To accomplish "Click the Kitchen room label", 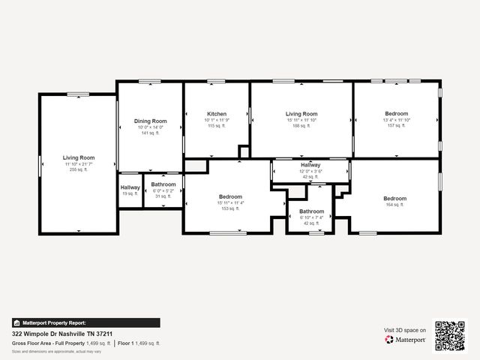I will [x=217, y=114].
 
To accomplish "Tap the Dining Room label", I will [x=150, y=121].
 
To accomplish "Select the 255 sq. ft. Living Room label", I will [x=79, y=157].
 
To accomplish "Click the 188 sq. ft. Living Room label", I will [x=301, y=114].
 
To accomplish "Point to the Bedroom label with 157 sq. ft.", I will [x=397, y=113].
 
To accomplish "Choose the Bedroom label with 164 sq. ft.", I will [x=395, y=199].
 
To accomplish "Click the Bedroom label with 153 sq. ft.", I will [x=230, y=196].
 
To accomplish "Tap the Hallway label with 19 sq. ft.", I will [x=130, y=187].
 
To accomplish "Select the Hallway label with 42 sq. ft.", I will [x=310, y=165].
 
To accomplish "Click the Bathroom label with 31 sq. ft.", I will [x=163, y=184].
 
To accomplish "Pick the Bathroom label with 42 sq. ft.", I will [x=310, y=211].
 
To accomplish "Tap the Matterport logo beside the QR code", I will [x=406, y=340].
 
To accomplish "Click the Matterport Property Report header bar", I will [x=85, y=322].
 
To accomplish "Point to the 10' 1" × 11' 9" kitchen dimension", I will [x=217, y=120].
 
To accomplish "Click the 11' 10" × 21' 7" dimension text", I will [x=79, y=164].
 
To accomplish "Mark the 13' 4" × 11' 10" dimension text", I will [x=397, y=120].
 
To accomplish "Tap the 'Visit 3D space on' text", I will [x=405, y=330].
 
